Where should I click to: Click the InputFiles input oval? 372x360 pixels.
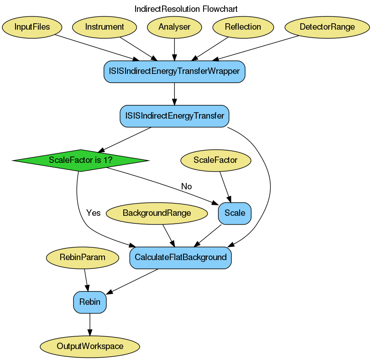point(32,27)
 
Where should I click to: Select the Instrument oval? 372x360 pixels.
point(105,27)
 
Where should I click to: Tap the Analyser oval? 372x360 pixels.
point(174,27)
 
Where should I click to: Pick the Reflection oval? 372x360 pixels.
point(243,27)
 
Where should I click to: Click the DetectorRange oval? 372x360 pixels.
point(327,27)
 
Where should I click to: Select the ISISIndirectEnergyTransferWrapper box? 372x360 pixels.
point(175,71)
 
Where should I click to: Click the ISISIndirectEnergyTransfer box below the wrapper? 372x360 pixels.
point(174,116)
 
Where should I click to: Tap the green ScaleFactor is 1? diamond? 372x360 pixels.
point(81,160)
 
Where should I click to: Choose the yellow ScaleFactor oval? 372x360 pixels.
point(216,160)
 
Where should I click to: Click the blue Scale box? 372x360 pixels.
point(235,213)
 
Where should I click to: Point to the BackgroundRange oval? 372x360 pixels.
point(157,213)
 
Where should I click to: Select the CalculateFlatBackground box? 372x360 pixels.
point(181,257)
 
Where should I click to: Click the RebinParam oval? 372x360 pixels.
point(83,257)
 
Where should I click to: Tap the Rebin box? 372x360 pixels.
point(90,302)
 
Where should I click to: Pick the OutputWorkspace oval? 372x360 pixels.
point(90,346)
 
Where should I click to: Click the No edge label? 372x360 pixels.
point(186,186)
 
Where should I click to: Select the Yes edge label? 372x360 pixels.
point(93,213)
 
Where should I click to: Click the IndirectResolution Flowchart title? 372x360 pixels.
point(186,9)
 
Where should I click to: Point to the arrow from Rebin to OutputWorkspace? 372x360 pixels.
point(90,324)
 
